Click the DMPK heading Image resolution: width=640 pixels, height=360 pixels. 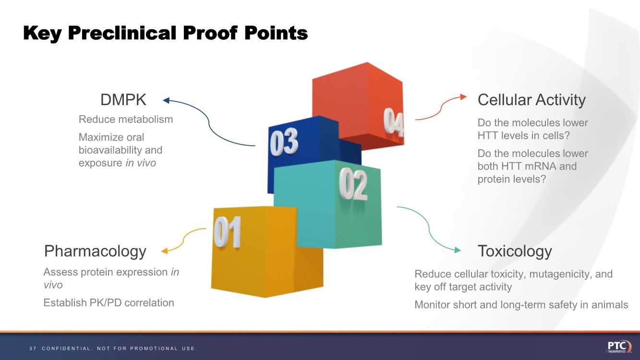tap(123, 100)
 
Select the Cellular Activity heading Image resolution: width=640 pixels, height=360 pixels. tap(531, 100)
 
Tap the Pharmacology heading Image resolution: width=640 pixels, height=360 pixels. tap(95, 251)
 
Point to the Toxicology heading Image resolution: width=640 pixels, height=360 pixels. tap(515, 251)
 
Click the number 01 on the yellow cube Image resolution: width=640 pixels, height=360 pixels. tap(227, 232)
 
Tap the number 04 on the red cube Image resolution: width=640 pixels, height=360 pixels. tap(393, 122)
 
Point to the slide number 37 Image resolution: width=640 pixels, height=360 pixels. tap(32, 348)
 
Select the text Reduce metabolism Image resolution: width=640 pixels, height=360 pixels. tap(126, 119)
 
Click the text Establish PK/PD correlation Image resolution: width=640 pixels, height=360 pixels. tap(109, 303)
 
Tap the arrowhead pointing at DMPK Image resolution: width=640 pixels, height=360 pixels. tap(166, 100)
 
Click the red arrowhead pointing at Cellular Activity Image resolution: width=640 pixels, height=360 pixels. tap(463, 96)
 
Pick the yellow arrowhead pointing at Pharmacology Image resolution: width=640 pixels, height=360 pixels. tap(164, 251)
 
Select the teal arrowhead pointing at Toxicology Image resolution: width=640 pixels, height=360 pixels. tap(458, 250)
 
